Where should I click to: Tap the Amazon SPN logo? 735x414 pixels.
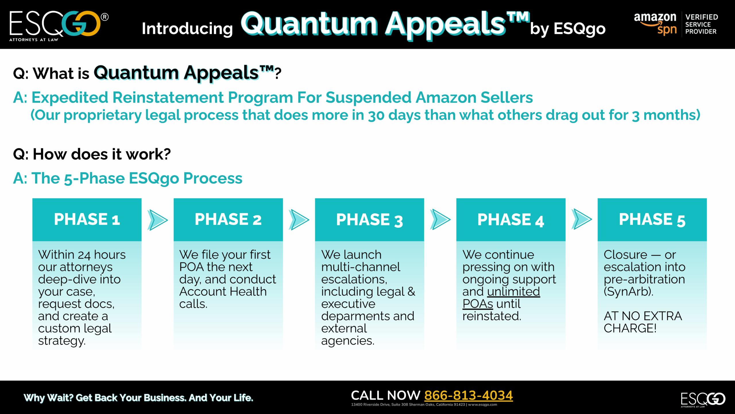pos(655,24)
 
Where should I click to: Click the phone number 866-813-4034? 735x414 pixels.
pos(469,395)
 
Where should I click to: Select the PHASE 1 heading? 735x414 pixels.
pos(87,219)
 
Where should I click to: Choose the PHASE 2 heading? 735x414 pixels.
pos(228,219)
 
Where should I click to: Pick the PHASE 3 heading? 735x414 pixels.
pos(370,220)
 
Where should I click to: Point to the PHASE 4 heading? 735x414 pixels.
pos(511,220)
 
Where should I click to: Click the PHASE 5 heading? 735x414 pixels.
pos(652,220)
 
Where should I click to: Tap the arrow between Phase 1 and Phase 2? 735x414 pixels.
pos(158,220)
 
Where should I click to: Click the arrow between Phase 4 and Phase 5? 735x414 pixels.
pos(582,219)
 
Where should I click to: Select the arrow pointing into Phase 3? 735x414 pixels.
pos(299,220)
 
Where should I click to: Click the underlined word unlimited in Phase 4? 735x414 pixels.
pos(514,292)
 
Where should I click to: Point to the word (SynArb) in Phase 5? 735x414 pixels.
pos(628,292)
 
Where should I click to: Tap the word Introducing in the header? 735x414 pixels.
pos(187,29)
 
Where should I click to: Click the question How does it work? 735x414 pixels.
pos(92,154)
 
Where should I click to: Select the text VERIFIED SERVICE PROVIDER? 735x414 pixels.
pos(701,24)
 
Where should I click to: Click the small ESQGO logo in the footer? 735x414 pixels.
pos(703,399)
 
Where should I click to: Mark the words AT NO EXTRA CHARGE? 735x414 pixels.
pos(643,322)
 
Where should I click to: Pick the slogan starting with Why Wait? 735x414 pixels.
pos(138,398)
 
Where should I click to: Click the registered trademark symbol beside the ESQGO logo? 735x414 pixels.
pos(105,17)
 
